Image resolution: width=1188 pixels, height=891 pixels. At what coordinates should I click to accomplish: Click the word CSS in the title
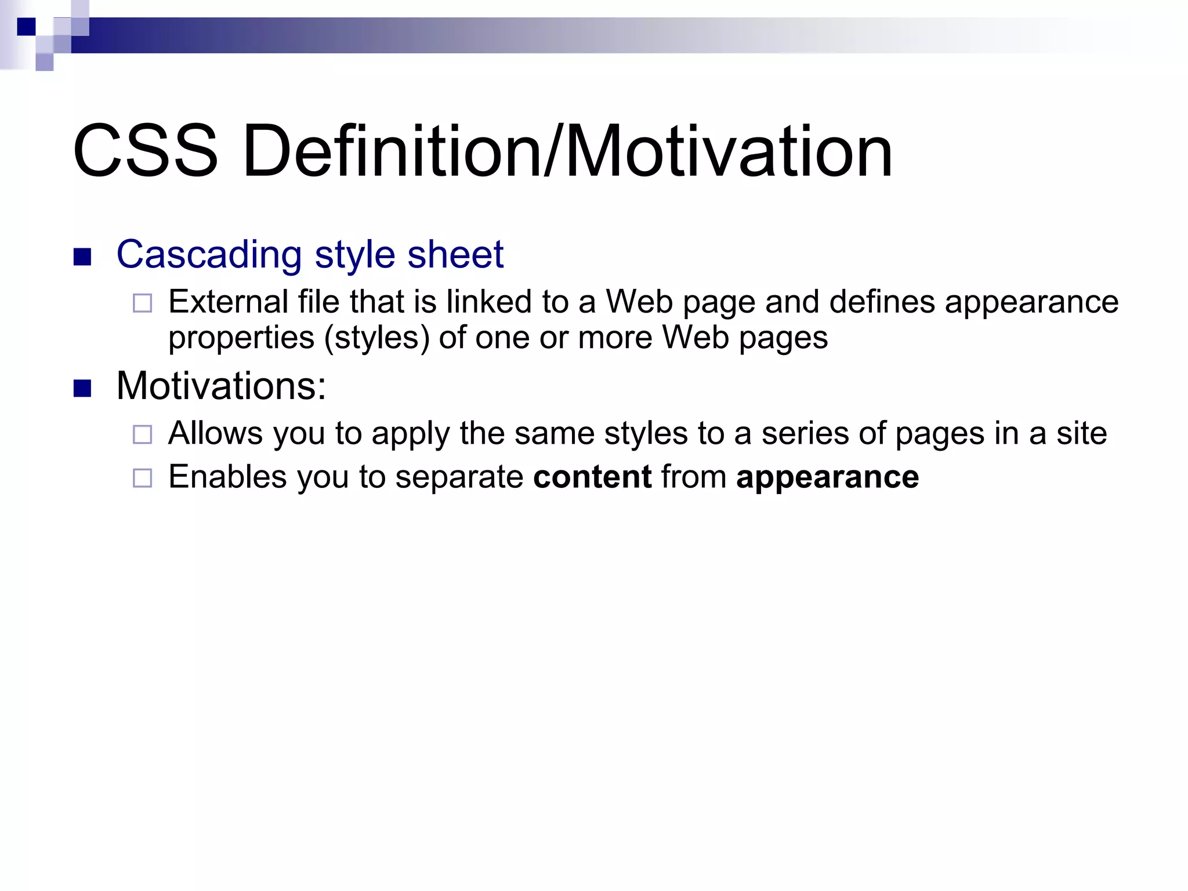145,152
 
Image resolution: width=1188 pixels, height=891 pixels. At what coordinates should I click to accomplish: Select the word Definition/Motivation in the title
567,152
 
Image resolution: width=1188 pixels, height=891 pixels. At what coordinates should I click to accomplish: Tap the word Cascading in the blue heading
209,255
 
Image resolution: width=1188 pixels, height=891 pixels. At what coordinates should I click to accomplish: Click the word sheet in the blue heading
455,255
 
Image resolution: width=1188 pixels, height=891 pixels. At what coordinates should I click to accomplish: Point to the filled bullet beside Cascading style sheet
83,257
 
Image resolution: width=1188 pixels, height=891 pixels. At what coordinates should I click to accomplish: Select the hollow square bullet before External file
142,303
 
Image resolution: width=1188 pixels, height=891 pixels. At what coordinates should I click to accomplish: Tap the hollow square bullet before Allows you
142,434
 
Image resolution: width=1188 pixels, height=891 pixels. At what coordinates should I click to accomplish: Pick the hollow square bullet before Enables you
142,478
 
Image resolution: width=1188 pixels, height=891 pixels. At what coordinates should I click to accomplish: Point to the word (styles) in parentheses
377,338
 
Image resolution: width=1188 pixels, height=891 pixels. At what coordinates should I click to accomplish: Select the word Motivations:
221,386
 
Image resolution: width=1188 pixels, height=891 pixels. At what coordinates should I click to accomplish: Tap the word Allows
216,433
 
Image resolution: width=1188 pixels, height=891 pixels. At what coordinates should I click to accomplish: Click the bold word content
592,477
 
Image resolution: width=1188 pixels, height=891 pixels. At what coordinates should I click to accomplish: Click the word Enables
227,477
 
